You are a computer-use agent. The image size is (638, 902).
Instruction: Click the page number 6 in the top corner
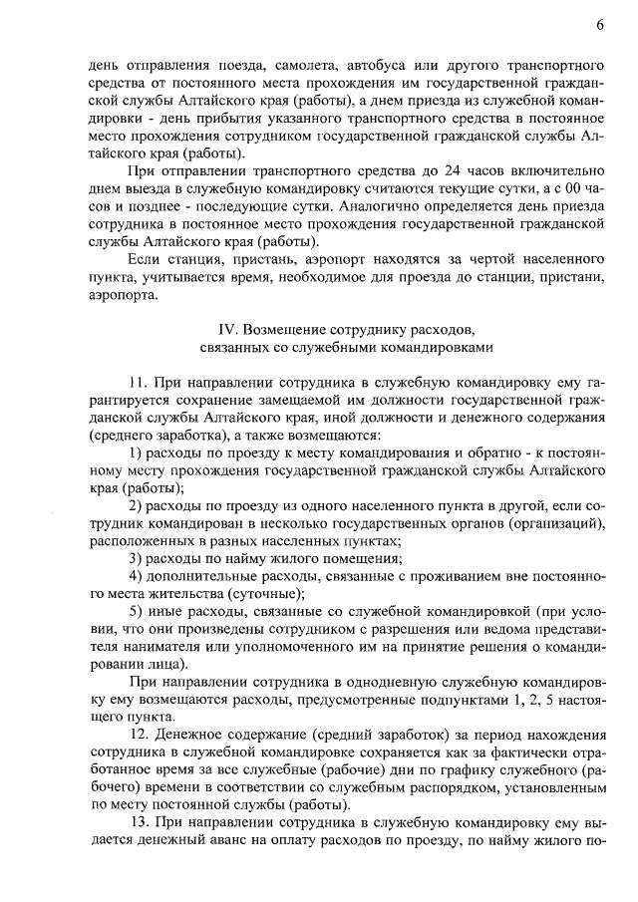600,23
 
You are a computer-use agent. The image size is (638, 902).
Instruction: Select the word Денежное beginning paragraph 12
193,735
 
